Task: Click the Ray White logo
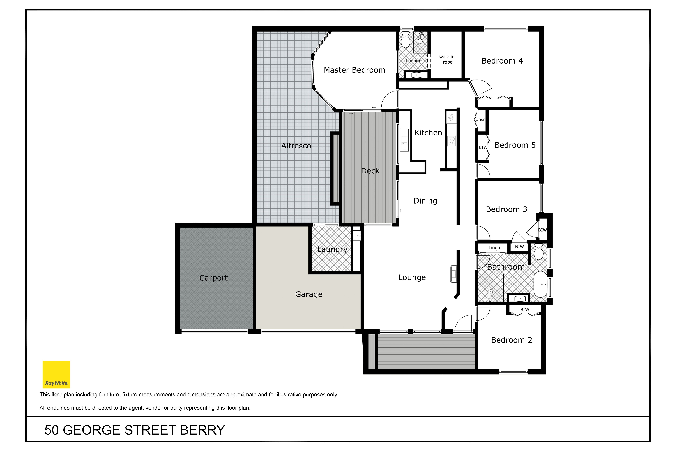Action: (x=56, y=375)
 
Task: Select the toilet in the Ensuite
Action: (x=406, y=40)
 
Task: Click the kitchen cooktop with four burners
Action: (x=452, y=141)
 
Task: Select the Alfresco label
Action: (x=296, y=146)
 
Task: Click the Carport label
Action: (x=213, y=278)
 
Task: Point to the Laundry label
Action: (x=332, y=249)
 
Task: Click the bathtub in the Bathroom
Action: (x=541, y=284)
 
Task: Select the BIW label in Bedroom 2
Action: (x=525, y=310)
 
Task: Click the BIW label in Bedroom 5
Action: (x=483, y=147)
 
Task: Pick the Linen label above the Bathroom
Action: (x=494, y=248)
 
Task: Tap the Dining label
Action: (x=425, y=201)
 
